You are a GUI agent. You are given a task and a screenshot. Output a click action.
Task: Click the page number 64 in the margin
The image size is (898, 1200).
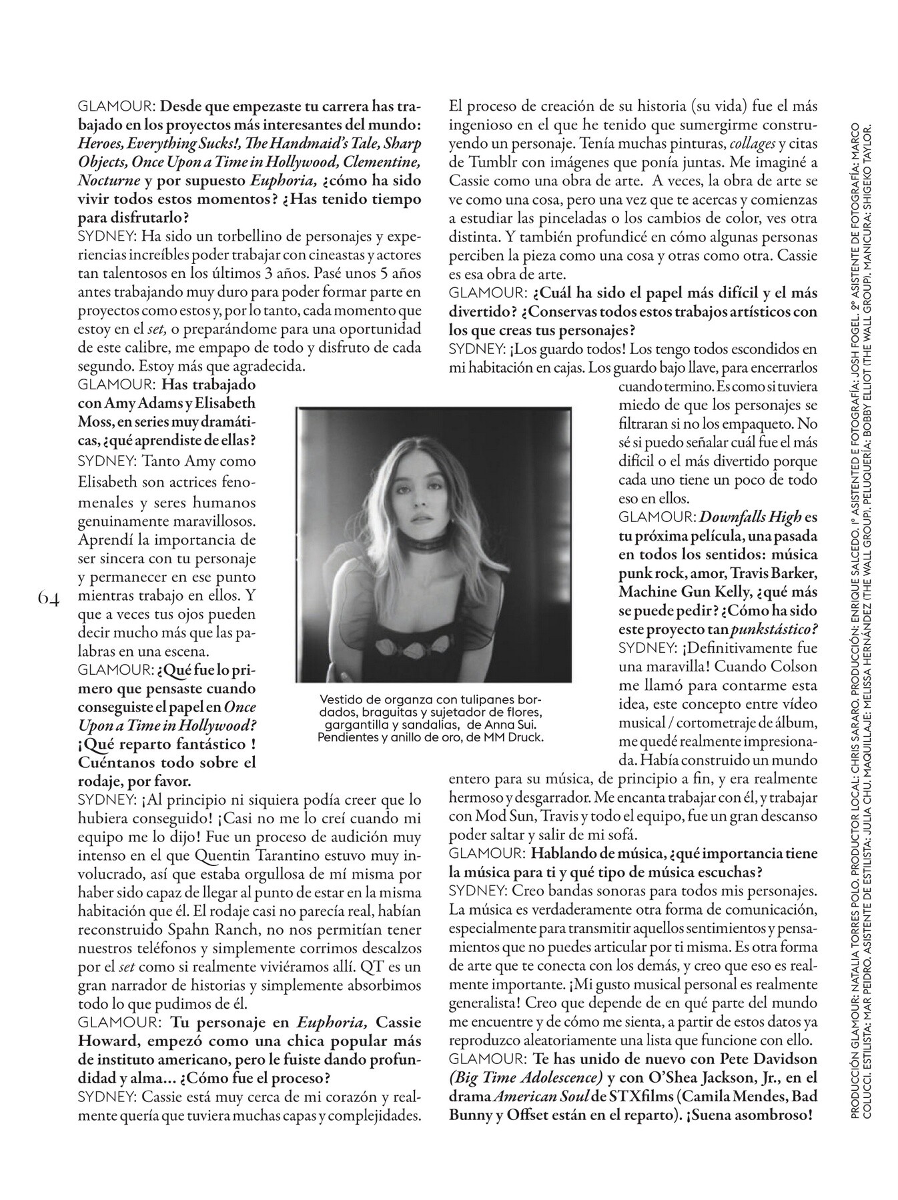point(50,597)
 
